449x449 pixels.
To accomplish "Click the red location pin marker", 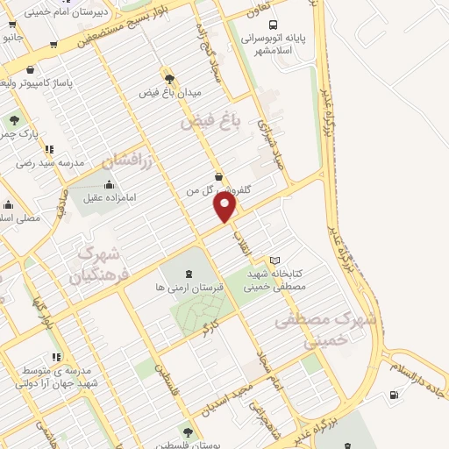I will click(225, 208).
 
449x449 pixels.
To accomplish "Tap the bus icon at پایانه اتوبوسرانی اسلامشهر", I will click(273, 25).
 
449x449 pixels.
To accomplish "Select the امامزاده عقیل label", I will click(109, 198).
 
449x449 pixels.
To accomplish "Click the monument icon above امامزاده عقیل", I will click(109, 184).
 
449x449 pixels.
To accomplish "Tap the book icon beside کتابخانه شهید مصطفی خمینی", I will click(274, 260).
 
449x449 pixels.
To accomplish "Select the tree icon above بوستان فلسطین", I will click(187, 431).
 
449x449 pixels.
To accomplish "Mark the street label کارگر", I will click(208, 329).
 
